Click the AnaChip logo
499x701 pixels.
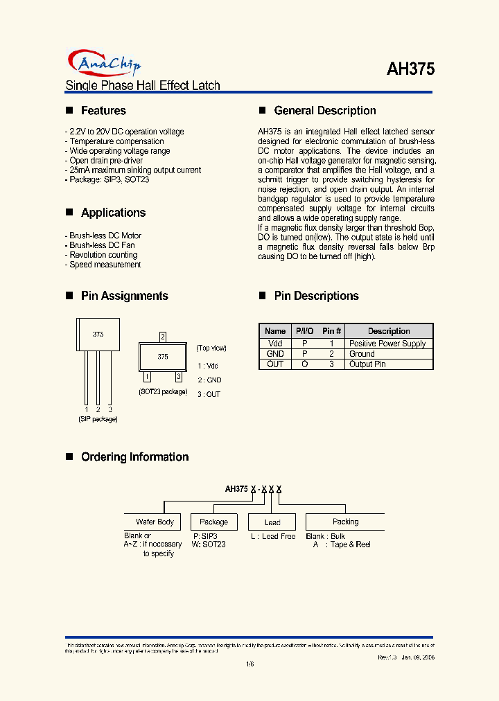point(104,64)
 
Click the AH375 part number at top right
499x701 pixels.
point(410,69)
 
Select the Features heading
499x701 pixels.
point(103,111)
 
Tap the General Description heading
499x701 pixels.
point(325,111)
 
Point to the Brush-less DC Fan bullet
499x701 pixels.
point(102,245)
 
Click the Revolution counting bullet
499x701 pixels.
point(103,255)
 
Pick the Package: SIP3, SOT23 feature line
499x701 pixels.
point(108,179)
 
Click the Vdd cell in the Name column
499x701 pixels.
point(275,344)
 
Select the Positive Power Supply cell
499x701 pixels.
point(387,344)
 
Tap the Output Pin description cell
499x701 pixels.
point(367,364)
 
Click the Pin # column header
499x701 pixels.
point(332,331)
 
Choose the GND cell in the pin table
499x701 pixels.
point(275,353)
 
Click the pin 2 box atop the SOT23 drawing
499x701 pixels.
point(163,337)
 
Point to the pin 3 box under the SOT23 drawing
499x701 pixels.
point(178,377)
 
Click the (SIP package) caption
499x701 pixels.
point(98,419)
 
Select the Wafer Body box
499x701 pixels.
point(155,522)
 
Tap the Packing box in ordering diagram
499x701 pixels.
point(345,522)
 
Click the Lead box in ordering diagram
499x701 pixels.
point(272,522)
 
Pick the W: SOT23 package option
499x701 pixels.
point(209,544)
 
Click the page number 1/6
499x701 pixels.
point(249,665)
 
